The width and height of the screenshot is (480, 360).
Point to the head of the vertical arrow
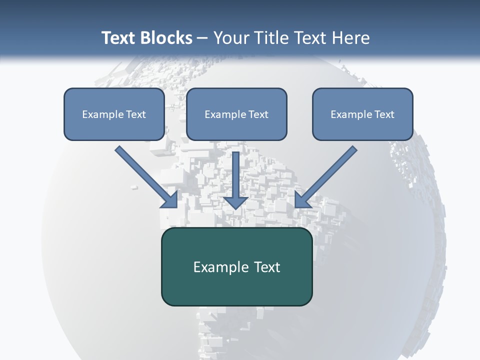click(x=236, y=201)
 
